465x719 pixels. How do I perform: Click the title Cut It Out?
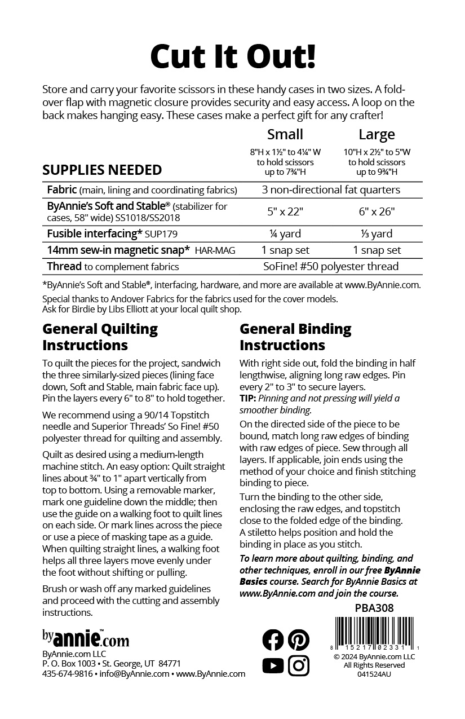232,56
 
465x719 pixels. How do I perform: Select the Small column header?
285,134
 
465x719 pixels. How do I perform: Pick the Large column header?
377,135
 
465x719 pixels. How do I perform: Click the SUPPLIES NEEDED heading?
102,170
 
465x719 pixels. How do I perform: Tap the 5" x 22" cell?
285,211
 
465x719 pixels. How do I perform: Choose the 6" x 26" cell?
377,211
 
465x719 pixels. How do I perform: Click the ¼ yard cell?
285,233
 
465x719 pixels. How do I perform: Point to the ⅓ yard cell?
377,233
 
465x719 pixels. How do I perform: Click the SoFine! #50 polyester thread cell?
331,266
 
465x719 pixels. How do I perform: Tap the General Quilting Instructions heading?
100,337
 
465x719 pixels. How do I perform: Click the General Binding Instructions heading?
295,337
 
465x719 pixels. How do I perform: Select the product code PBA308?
374,608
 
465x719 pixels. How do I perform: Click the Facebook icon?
273,639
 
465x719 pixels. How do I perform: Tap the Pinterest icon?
299,639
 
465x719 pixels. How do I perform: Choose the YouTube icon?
273,666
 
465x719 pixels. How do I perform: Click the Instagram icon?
299,666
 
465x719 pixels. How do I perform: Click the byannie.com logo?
86,638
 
